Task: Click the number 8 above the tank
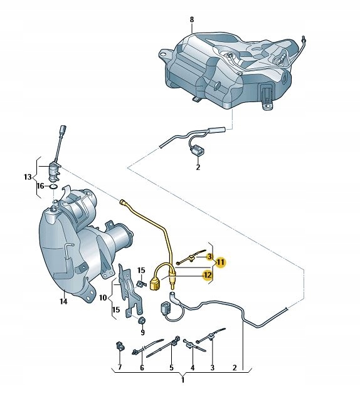192,19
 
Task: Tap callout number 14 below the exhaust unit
63,301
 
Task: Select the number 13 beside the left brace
28,177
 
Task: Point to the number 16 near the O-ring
40,186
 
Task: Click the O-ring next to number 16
54,187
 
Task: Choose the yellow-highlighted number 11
221,262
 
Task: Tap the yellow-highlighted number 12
208,275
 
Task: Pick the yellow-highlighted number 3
209,257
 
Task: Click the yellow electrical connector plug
156,284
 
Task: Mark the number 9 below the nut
142,332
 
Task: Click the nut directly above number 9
142,321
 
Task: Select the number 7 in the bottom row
120,367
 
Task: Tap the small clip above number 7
120,346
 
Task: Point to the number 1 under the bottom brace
183,380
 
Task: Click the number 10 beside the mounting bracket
103,298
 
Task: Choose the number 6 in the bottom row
142,367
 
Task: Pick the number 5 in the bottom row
172,367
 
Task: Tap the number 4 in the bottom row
193,367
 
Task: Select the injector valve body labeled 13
54,171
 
